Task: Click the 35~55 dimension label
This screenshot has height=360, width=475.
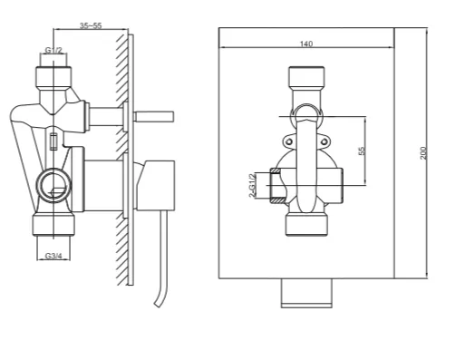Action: pyautogui.click(x=91, y=25)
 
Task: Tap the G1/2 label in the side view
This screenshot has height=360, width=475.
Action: pyautogui.click(x=53, y=50)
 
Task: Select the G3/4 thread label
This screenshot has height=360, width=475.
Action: pyautogui.click(x=53, y=256)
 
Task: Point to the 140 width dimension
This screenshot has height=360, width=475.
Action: pyautogui.click(x=306, y=44)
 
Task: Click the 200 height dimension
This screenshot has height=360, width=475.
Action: pyautogui.click(x=423, y=153)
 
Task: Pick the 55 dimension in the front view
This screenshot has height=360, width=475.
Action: pyautogui.click(x=362, y=151)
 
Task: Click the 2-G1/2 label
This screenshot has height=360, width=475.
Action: pyautogui.click(x=252, y=186)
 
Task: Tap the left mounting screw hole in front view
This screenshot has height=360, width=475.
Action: pyautogui.click(x=289, y=141)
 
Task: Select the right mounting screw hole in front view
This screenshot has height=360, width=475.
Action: pyautogui.click(x=324, y=141)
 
